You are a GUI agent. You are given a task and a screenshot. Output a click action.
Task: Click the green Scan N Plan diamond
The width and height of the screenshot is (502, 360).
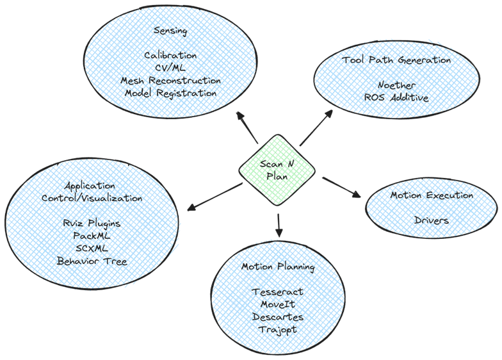click(277, 170)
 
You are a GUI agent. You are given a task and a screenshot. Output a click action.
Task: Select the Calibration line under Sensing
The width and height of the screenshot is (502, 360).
click(171, 56)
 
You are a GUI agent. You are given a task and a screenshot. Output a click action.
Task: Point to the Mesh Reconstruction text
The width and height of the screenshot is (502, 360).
click(171, 81)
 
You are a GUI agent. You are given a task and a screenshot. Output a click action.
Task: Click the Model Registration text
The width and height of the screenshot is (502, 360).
click(171, 94)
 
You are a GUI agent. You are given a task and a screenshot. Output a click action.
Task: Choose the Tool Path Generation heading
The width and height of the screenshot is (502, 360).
click(396, 60)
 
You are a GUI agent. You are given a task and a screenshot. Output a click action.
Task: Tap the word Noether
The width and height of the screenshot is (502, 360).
click(396, 85)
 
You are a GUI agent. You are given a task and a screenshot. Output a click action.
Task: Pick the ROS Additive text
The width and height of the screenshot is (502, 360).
click(396, 97)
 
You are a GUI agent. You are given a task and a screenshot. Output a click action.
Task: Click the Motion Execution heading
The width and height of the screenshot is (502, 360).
click(432, 195)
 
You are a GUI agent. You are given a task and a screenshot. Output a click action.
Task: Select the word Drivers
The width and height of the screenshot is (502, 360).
click(432, 220)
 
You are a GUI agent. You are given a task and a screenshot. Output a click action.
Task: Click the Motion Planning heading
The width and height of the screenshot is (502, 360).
click(278, 266)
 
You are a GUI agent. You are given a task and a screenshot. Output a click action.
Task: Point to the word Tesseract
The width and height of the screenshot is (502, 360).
click(278, 291)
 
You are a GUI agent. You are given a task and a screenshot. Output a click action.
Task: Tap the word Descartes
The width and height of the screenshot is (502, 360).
click(278, 316)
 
